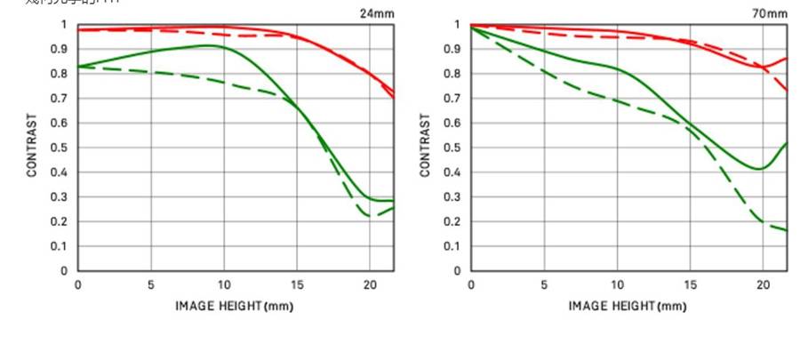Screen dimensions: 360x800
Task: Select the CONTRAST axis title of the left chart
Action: click(32, 145)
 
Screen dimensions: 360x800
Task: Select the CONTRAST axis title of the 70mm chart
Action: click(426, 145)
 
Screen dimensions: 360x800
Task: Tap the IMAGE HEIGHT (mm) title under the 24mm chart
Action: click(234, 307)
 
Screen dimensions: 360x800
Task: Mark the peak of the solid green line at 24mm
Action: click(208, 45)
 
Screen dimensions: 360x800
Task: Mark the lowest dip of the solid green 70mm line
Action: click(759, 169)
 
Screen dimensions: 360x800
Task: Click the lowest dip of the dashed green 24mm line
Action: click(372, 216)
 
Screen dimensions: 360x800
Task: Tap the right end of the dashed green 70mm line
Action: click(787, 230)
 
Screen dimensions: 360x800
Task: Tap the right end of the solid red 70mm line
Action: click(787, 59)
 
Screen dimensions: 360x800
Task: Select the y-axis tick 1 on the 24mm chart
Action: click(64, 25)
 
